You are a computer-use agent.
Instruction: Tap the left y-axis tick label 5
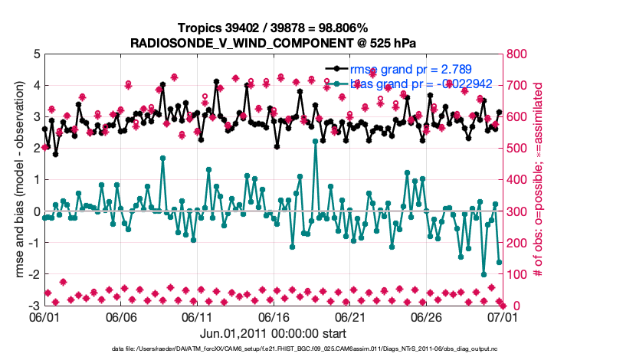point(36,54)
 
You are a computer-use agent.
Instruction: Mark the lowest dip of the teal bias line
point(484,274)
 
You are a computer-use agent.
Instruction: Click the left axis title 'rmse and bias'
point(17,180)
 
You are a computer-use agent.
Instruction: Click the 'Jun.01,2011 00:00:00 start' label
point(272,333)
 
